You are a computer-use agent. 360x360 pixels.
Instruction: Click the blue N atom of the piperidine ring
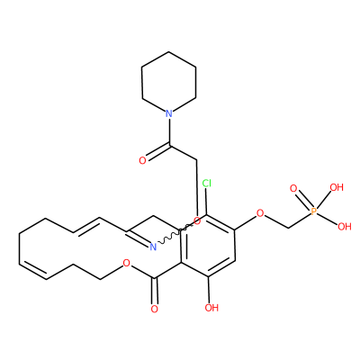pos(169,113)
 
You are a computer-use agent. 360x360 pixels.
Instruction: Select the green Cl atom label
pos(206,183)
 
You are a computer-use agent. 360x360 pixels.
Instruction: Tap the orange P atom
pos(314,211)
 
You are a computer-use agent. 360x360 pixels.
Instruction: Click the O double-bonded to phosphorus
pos(293,189)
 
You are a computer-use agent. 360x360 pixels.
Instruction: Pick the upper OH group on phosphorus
pos(337,187)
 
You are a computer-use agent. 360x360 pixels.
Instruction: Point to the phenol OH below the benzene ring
pos(211,308)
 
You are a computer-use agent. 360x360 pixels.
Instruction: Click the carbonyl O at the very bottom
pos(155,309)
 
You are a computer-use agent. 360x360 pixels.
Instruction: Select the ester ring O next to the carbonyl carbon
pos(127,264)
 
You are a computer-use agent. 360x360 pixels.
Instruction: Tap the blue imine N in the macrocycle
pos(153,247)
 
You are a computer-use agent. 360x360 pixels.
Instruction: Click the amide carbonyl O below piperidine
pos(142,160)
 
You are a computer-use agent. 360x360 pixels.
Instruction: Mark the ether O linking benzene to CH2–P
pos(260,213)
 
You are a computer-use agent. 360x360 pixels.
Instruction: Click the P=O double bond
pos(303,201)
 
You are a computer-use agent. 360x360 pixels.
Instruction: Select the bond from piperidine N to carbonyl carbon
pos(169,132)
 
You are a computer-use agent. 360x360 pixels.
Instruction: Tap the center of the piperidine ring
pos(169,83)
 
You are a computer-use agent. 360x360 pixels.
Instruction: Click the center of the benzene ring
pos(208,246)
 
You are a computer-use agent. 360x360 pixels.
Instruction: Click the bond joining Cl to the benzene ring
pos(207,202)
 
